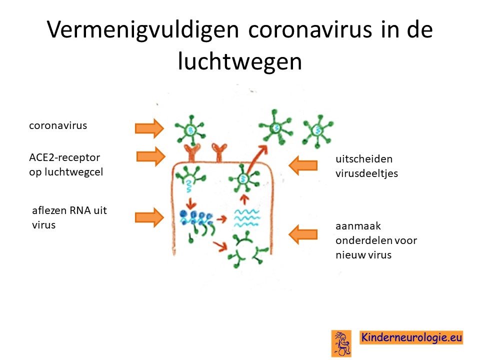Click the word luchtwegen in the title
(240, 61)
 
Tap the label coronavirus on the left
(58, 125)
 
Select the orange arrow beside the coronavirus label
(149, 128)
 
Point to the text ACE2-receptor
(64, 157)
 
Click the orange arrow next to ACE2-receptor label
(150, 156)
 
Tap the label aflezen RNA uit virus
(69, 217)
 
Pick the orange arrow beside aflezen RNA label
(149, 217)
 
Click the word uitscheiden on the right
(364, 159)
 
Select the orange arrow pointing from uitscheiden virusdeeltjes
(303, 165)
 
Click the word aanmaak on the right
(358, 226)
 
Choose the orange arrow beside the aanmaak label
(303, 234)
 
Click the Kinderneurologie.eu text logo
(411, 337)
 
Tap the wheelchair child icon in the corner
(341, 343)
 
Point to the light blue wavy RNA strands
(247, 218)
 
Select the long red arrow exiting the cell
(256, 159)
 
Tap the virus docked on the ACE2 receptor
(190, 130)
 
